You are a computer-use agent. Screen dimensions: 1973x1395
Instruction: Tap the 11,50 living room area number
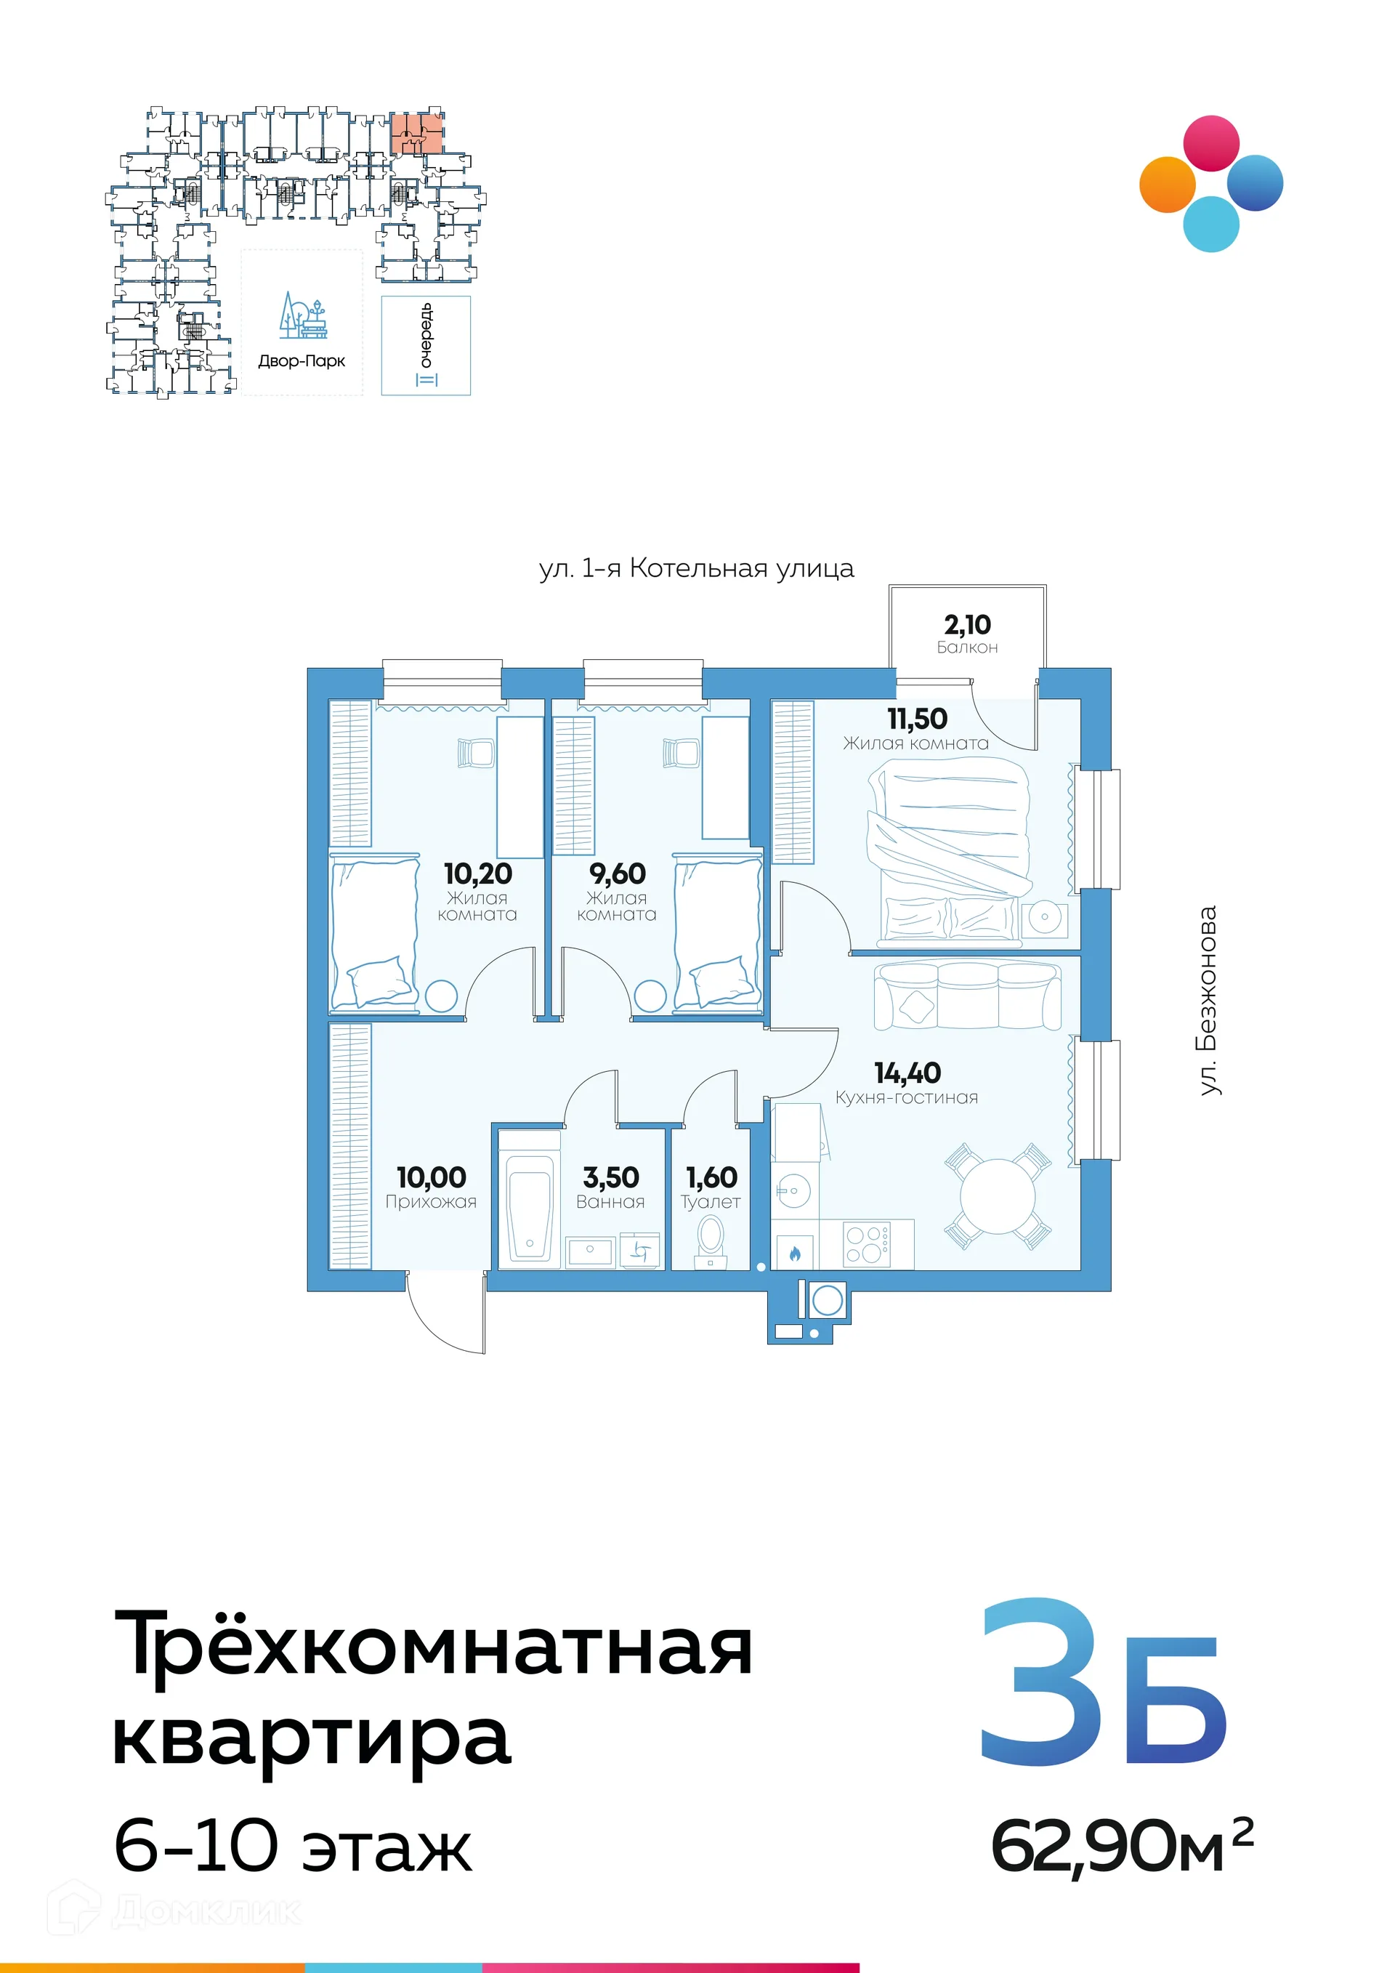pyautogui.click(x=916, y=719)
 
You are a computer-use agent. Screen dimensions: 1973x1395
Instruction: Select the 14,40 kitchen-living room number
pyautogui.click(x=907, y=1073)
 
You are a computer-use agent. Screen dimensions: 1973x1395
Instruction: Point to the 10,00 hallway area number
pyautogui.click(x=430, y=1177)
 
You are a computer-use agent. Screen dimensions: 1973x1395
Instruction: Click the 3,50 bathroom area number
pyautogui.click(x=611, y=1177)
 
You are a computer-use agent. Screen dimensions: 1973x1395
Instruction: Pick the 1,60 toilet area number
pyautogui.click(x=711, y=1177)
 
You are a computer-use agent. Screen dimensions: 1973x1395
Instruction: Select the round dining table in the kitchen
pyautogui.click(x=998, y=1197)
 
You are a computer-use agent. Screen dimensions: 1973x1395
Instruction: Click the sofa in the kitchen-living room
pyautogui.click(x=966, y=995)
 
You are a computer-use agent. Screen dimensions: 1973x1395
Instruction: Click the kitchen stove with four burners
pyautogui.click(x=866, y=1243)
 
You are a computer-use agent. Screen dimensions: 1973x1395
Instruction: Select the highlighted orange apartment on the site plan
pyautogui.click(x=418, y=132)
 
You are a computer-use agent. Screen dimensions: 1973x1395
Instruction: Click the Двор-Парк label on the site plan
pyautogui.click(x=302, y=361)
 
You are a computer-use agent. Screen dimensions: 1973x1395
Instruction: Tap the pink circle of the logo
pyautogui.click(x=1211, y=143)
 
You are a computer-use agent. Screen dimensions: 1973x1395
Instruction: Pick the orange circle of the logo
pyautogui.click(x=1168, y=185)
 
